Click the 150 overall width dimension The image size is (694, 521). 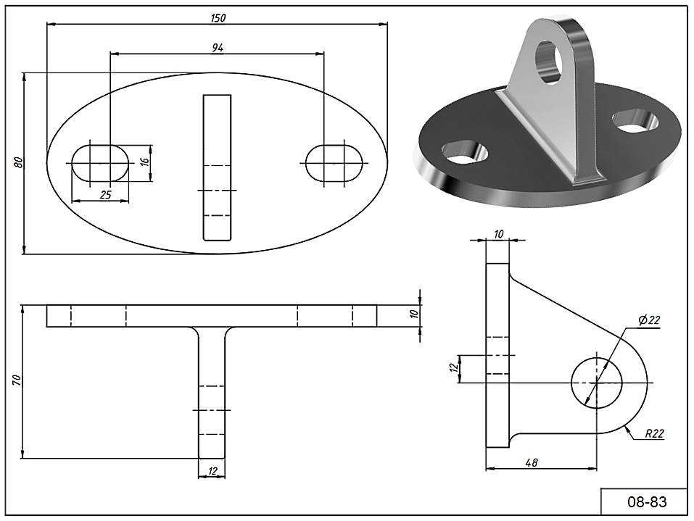click(x=217, y=19)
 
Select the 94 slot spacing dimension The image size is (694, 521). click(x=217, y=48)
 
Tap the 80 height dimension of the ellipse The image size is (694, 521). click(x=19, y=163)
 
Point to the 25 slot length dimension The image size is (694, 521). click(x=105, y=194)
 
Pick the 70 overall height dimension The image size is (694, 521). click(x=17, y=380)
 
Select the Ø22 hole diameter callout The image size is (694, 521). click(x=649, y=320)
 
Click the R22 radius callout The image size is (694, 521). click(x=654, y=434)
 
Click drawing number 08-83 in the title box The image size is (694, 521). click(x=646, y=501)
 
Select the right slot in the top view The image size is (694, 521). click(x=334, y=162)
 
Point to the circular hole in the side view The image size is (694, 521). click(x=597, y=382)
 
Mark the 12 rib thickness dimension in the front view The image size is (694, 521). click(x=212, y=471)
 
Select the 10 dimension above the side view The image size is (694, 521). click(x=497, y=233)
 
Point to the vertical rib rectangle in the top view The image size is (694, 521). click(x=217, y=167)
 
